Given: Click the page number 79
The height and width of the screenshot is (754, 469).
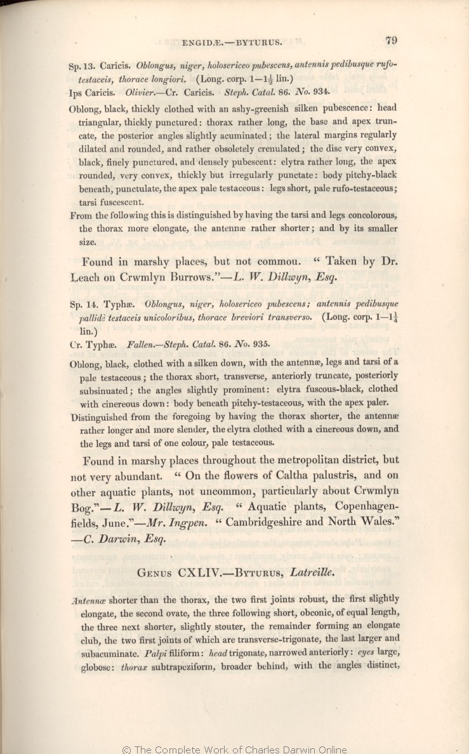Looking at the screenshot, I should (x=390, y=41).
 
